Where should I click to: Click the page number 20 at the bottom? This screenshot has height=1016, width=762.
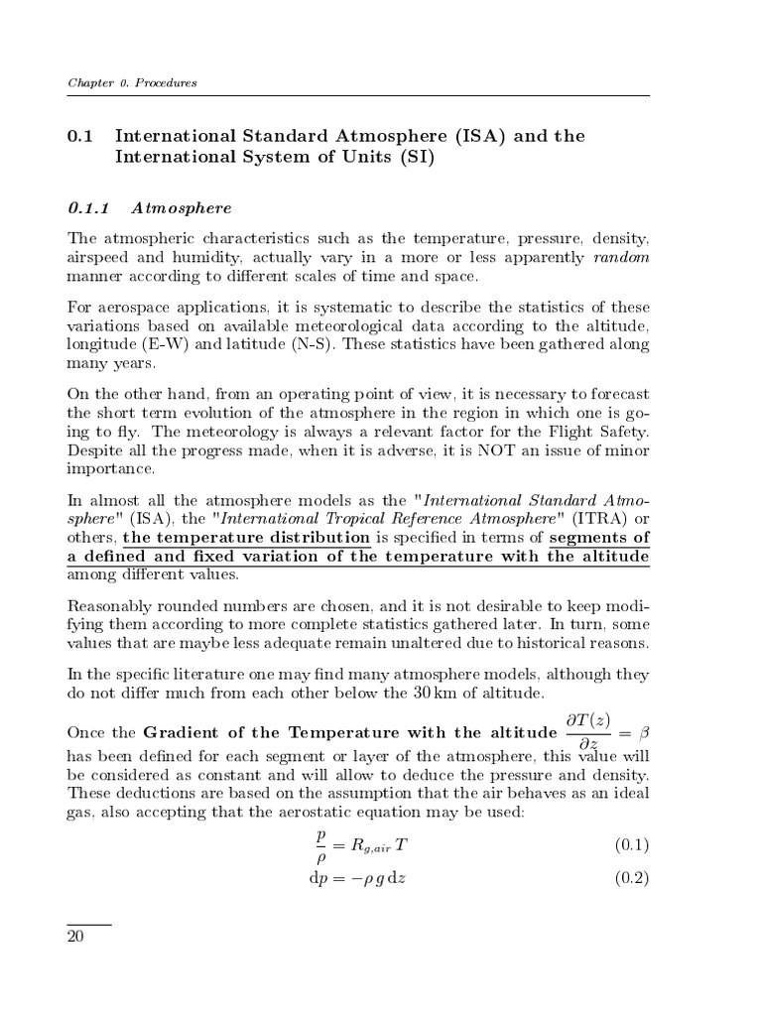(75, 939)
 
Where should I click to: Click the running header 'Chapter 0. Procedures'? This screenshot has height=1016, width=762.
(132, 82)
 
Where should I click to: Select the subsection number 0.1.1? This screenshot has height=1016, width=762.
(86, 207)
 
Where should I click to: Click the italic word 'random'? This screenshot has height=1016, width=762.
(621, 257)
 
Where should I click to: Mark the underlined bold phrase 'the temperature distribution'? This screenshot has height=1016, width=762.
(247, 538)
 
